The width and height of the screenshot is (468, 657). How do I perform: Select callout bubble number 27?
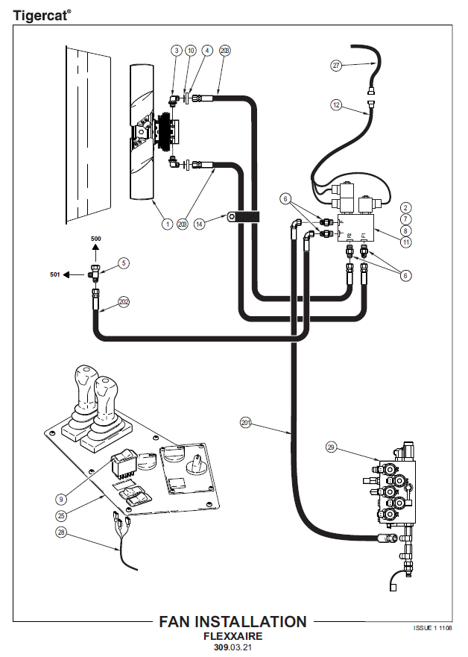[x=336, y=66]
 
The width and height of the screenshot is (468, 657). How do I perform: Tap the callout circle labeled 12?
[x=336, y=106]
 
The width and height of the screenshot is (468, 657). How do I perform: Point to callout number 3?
[x=177, y=50]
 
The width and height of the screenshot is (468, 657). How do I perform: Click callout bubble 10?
[x=192, y=50]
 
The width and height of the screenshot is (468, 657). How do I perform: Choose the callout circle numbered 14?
[x=199, y=222]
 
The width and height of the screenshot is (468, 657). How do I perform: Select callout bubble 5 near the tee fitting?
[x=124, y=263]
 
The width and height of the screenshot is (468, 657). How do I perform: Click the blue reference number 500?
[x=95, y=239]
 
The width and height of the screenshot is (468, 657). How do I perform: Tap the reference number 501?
[x=54, y=274]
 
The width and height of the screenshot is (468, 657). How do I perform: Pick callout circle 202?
[x=124, y=303]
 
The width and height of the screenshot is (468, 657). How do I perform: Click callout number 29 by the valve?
[x=332, y=447]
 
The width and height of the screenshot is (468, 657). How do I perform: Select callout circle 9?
[x=61, y=499]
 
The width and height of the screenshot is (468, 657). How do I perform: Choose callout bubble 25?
[x=61, y=515]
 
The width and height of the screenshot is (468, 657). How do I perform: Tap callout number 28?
[x=61, y=532]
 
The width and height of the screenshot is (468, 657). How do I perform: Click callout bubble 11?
[x=406, y=242]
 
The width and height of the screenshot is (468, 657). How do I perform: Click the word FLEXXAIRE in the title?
[x=233, y=636]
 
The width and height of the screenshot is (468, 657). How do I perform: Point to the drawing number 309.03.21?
[x=233, y=648]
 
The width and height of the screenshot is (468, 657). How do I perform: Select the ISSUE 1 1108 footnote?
[x=433, y=628]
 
